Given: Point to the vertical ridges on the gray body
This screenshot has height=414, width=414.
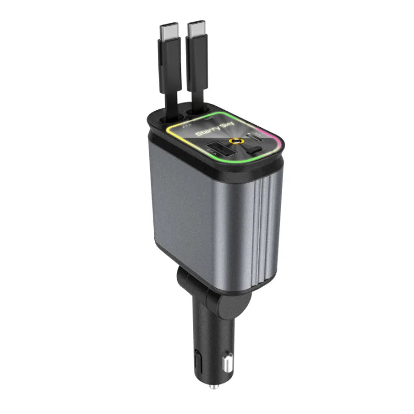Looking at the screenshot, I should tap(261, 223).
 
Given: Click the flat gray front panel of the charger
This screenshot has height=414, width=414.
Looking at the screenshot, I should tap(197, 217).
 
